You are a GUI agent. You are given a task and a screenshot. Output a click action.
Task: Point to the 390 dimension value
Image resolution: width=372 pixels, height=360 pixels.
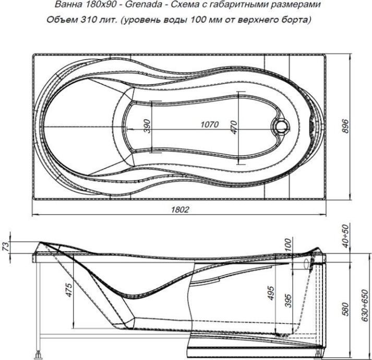click(147, 126)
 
